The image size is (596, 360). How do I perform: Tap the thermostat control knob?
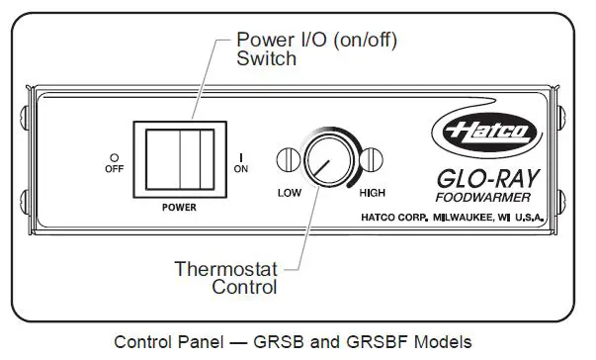coord(326,159)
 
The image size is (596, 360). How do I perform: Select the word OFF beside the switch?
coord(116,168)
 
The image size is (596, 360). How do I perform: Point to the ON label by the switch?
coord(241,169)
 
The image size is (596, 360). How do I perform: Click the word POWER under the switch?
coord(179,209)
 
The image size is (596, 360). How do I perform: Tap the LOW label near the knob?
coord(290,193)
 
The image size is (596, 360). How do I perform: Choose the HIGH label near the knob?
coord(373,193)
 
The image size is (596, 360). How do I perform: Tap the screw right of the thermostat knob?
coord(372,159)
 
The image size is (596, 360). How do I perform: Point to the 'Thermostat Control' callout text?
coord(226,278)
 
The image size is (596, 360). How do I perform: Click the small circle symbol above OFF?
coord(115,157)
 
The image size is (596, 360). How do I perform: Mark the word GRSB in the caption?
coord(285,343)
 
